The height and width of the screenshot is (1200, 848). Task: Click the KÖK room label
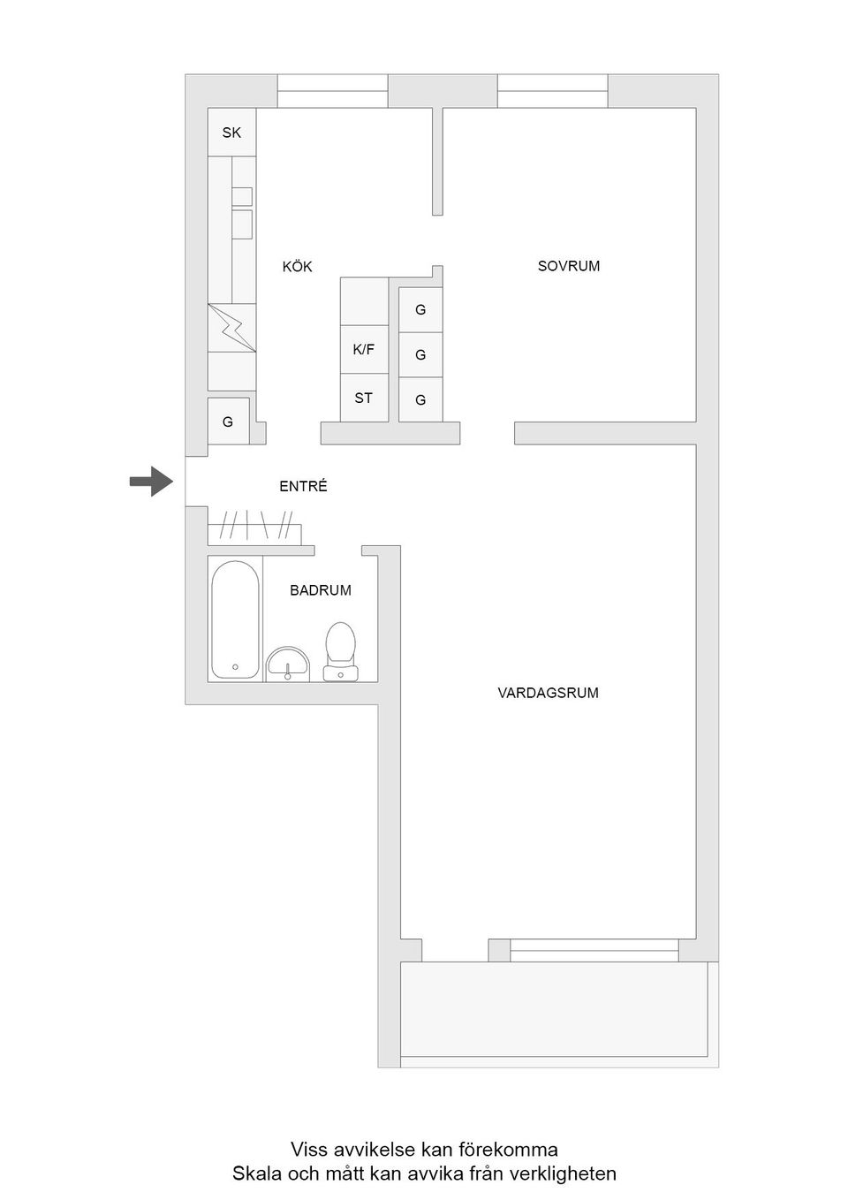point(297,266)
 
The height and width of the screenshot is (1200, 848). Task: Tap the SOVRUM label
point(568,265)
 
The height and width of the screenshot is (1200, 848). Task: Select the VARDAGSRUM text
point(548,693)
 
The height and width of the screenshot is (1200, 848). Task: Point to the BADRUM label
point(320,590)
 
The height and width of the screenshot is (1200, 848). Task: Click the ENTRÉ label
point(303,486)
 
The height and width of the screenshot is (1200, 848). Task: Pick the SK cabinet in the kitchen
point(231,133)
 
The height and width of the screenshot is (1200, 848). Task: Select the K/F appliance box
point(364,349)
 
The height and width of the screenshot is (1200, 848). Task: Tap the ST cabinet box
point(364,398)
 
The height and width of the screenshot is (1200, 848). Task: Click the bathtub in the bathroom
point(235,619)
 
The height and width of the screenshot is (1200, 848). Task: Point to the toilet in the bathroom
point(340,651)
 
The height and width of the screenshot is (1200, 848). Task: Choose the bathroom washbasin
point(288,663)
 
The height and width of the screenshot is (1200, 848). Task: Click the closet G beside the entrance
point(228,422)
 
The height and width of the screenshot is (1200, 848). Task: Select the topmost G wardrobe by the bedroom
point(420,309)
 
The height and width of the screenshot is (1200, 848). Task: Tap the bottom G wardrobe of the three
point(420,399)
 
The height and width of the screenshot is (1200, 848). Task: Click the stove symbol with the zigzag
point(231,328)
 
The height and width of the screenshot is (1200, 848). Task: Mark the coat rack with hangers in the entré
point(254,528)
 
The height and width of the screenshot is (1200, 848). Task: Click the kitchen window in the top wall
point(333,91)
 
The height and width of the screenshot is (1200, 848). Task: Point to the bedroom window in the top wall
point(552,91)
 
